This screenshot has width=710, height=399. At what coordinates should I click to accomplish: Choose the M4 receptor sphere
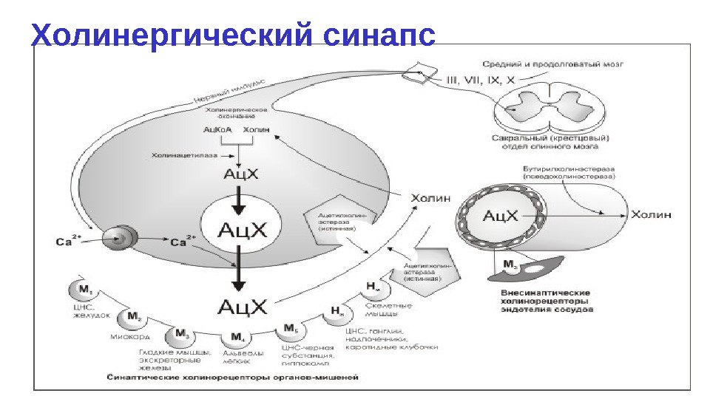pos(237,338)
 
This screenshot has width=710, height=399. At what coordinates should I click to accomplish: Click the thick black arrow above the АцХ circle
pos(237,198)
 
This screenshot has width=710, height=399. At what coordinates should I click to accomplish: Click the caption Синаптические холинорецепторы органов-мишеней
pos(232,376)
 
